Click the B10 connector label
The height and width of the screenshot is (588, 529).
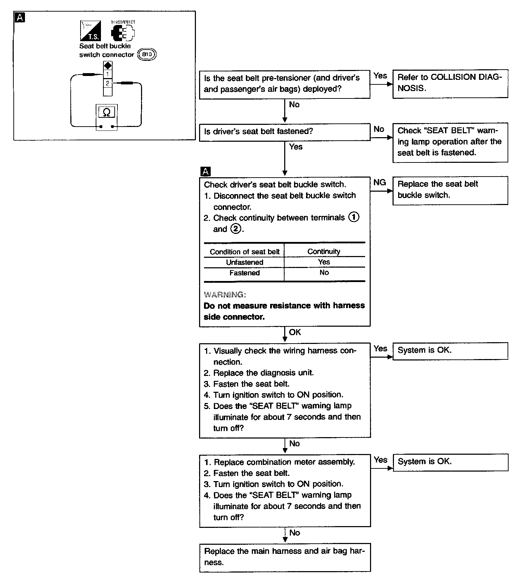pyautogui.click(x=147, y=55)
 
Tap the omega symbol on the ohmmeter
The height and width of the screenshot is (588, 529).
pyautogui.click(x=107, y=112)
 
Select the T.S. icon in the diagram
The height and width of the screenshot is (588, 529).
pyautogui.click(x=90, y=31)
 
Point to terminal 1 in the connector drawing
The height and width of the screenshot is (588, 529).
pyautogui.click(x=108, y=74)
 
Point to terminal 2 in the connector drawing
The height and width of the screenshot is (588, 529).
pyautogui.click(x=108, y=83)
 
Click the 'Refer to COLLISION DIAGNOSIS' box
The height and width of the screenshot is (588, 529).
pyautogui.click(x=450, y=83)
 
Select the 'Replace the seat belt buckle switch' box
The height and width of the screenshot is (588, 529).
pyautogui.click(x=450, y=190)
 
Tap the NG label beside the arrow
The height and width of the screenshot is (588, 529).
pyautogui.click(x=380, y=183)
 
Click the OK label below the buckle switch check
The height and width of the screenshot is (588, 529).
pyautogui.click(x=295, y=332)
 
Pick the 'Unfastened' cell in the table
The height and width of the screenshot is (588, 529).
pyautogui.click(x=244, y=262)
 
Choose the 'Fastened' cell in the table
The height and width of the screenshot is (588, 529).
pyautogui.click(x=244, y=273)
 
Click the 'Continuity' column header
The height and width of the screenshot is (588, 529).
pyautogui.click(x=324, y=251)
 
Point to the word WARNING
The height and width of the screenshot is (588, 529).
pyautogui.click(x=225, y=295)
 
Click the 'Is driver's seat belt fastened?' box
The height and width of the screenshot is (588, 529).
pyautogui.click(x=285, y=132)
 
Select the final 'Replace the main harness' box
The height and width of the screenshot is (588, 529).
pyautogui.click(x=285, y=557)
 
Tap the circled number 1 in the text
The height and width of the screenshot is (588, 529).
pyautogui.click(x=353, y=217)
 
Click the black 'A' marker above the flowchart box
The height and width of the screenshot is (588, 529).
pyautogui.click(x=205, y=172)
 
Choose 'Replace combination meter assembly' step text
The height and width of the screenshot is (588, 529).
pyautogui.click(x=284, y=462)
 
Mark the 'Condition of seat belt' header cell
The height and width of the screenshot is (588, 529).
pyautogui.click(x=244, y=252)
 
